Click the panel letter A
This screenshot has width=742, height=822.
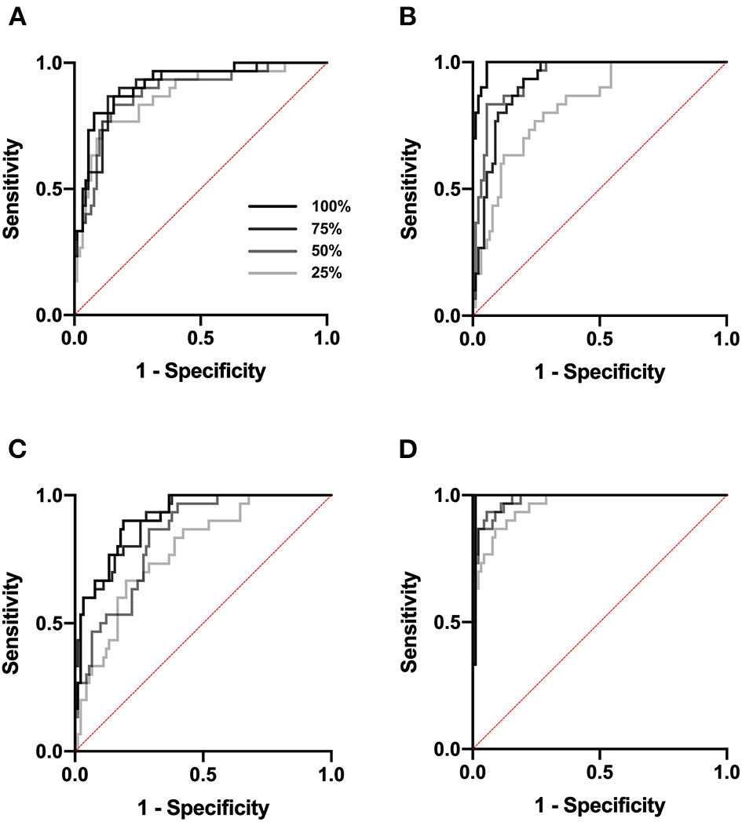click(x=15, y=16)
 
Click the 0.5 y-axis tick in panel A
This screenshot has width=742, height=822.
click(x=51, y=189)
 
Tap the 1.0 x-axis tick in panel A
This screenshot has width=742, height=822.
click(x=327, y=340)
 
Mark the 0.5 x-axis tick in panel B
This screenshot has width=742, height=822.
click(x=600, y=340)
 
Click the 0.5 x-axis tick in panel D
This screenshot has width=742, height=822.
click(x=600, y=773)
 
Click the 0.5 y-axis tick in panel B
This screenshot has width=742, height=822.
click(x=449, y=189)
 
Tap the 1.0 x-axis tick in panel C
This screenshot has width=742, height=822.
click(x=331, y=775)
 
